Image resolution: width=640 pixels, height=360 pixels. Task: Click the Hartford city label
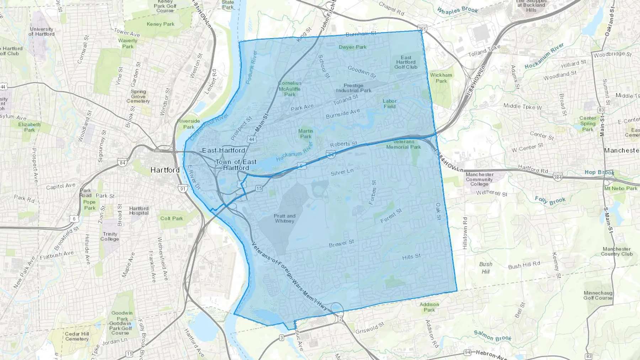coord(165,170)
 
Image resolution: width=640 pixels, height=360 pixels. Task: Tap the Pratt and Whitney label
coord(284,218)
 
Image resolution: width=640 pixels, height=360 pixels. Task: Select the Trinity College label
coord(110,236)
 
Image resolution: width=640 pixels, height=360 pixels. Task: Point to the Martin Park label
coord(306,134)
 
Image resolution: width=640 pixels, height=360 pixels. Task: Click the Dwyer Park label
coord(352,47)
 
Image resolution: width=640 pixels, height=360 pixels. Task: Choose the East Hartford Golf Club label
coord(406,62)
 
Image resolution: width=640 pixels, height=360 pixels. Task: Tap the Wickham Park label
coord(441,78)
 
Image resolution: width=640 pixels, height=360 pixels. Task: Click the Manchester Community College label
coord(479,179)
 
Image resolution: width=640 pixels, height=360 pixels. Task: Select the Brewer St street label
coord(341,243)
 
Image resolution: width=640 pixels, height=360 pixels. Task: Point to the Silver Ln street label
coord(342,172)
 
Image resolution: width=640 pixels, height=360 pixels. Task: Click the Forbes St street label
coord(372,192)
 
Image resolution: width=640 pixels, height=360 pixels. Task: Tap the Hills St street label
coord(411,257)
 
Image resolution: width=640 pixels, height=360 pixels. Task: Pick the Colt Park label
coord(171,218)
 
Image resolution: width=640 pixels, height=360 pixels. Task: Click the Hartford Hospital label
coord(139,211)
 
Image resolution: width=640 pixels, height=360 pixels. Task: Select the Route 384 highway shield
coord(558,177)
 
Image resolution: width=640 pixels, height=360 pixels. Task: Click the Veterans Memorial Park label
coord(404,144)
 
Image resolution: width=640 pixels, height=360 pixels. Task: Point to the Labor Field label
coord(390,103)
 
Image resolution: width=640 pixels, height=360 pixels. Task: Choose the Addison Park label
coord(429,307)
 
